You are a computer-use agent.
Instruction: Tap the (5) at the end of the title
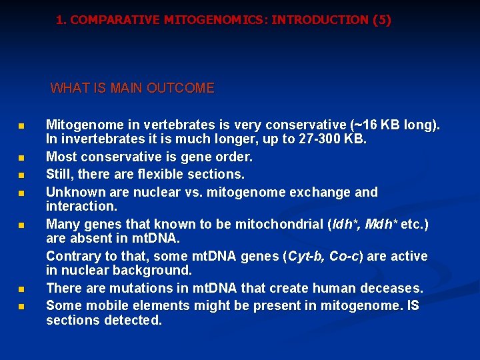[x=383, y=20]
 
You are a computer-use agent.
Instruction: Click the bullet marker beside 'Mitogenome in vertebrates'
[x=21, y=126]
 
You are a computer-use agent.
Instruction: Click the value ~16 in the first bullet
[x=364, y=125]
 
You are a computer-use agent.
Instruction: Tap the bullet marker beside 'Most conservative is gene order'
[x=21, y=159]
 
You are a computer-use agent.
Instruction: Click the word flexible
[x=165, y=174]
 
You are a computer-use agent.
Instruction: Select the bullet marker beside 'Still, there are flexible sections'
[x=21, y=175]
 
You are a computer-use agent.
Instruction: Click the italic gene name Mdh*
[x=376, y=224]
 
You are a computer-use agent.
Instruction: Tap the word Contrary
[x=71, y=256]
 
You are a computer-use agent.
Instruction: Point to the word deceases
[x=391, y=288]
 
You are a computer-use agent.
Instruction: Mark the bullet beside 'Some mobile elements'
[x=21, y=307]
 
